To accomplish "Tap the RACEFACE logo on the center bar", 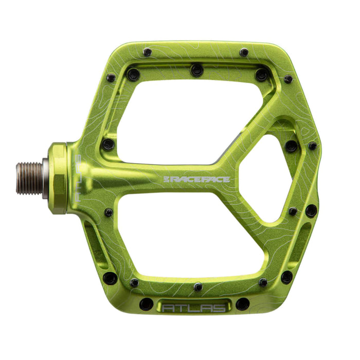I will pyautogui.click(x=196, y=179).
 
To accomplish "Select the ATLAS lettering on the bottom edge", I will pyautogui.click(x=194, y=308).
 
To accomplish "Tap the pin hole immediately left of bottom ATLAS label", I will pyautogui.click(x=146, y=304).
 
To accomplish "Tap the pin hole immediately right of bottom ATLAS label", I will pyautogui.click(x=243, y=304).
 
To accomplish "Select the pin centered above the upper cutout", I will pyautogui.click(x=196, y=69).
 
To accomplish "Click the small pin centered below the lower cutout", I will pyautogui.click(x=198, y=286).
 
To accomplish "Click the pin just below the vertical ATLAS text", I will pyautogui.click(x=109, y=212).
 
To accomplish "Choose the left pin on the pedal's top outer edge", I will pyautogui.click(x=147, y=52).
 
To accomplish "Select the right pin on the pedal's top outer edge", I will pyautogui.click(x=244, y=52).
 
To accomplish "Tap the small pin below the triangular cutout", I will pyautogui.click(x=293, y=211).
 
